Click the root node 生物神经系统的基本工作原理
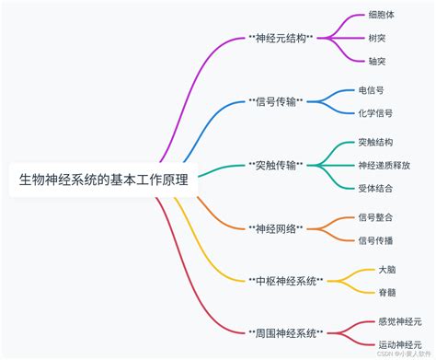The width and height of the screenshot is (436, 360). tap(104, 180)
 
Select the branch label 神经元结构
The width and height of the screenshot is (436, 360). tap(281, 39)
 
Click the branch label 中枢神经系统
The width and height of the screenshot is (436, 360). tap(285, 280)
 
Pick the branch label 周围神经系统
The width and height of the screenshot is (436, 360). tap(285, 331)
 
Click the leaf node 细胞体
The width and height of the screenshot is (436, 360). tap(381, 16)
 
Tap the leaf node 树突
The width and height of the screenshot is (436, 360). tap(375, 38)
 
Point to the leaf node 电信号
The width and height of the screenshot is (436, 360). tap(372, 90)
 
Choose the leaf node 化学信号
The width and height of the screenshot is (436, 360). tap(375, 112)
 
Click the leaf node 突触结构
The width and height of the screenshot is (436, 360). tap(375, 142)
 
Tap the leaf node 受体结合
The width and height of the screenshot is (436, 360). tap(375, 188)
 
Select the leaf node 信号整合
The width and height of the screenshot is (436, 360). tap(375, 217)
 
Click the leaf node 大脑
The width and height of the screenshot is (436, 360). tap(387, 270)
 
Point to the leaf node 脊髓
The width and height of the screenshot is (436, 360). tap(387, 292)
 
